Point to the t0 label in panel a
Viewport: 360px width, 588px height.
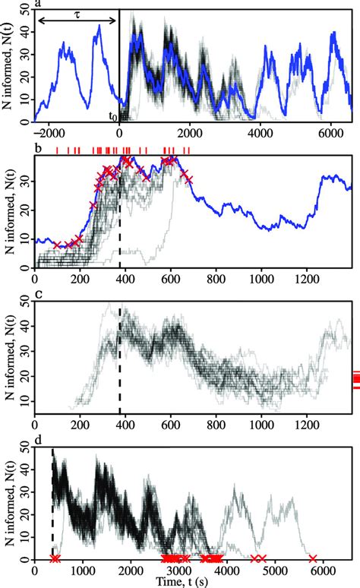click(113, 116)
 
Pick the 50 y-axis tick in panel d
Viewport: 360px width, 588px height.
click(25, 450)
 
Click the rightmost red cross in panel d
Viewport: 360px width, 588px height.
click(313, 559)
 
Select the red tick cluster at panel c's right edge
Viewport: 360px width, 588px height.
click(355, 379)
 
